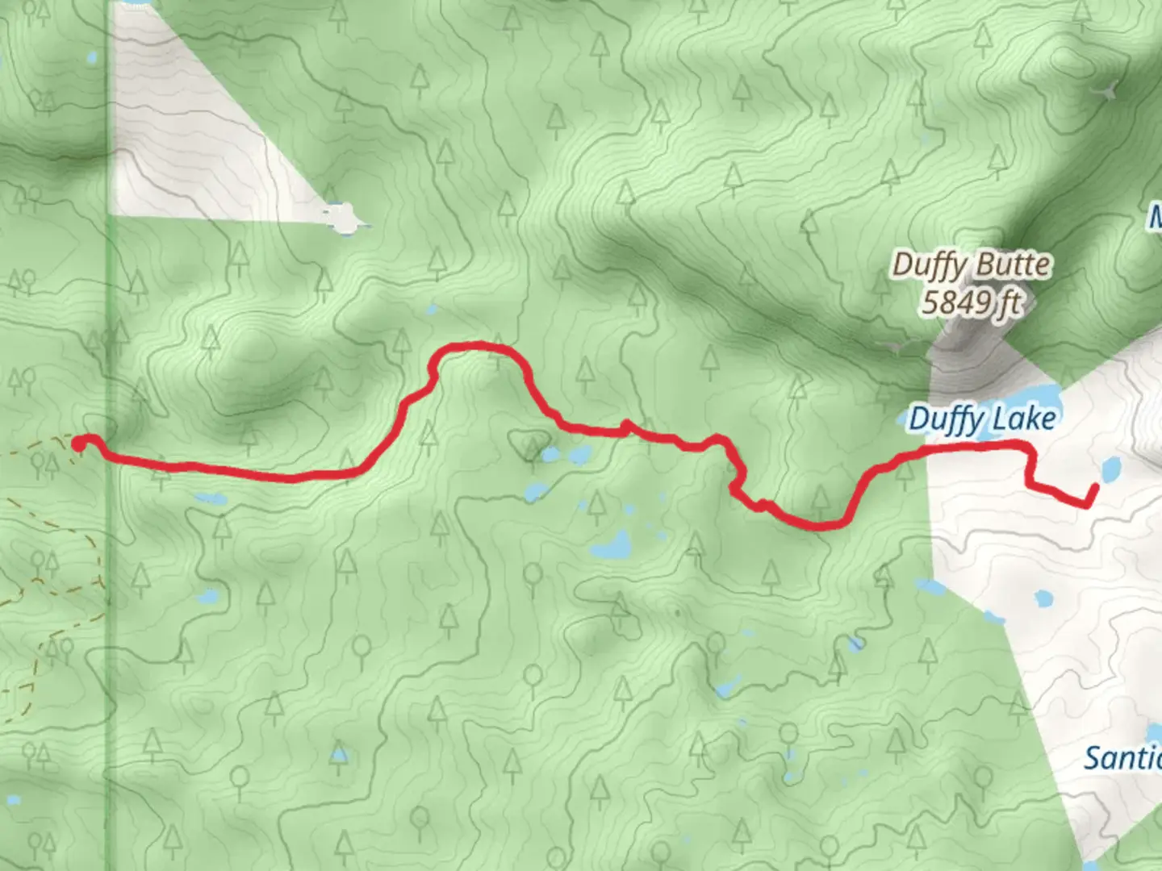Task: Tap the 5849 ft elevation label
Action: click(x=971, y=303)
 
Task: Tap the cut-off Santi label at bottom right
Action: click(x=1122, y=759)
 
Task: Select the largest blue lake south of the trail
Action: click(x=611, y=546)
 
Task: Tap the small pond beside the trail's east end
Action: click(x=1110, y=467)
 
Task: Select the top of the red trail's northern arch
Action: click(x=476, y=346)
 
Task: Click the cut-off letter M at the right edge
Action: click(x=1155, y=216)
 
